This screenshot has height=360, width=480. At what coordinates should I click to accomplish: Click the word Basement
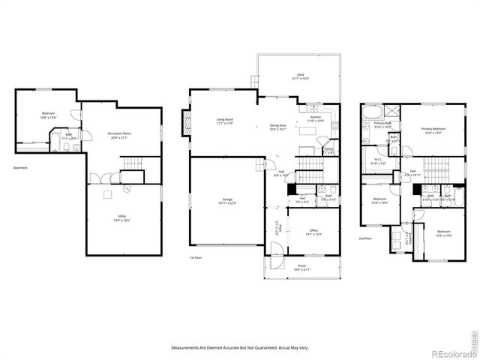[x=20, y=168]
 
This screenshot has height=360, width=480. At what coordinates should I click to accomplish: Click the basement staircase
[x=133, y=164]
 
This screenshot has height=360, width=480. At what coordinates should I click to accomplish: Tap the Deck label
[x=300, y=76]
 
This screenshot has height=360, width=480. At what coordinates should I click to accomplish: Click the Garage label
[x=226, y=200]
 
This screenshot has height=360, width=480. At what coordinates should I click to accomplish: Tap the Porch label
[x=301, y=267]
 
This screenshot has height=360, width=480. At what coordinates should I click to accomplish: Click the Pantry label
[x=328, y=151]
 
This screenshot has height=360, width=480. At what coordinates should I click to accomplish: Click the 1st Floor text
[x=196, y=257]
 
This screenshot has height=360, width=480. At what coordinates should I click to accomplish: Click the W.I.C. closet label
[x=378, y=161]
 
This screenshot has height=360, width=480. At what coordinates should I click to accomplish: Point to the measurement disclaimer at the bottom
[x=240, y=347]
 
